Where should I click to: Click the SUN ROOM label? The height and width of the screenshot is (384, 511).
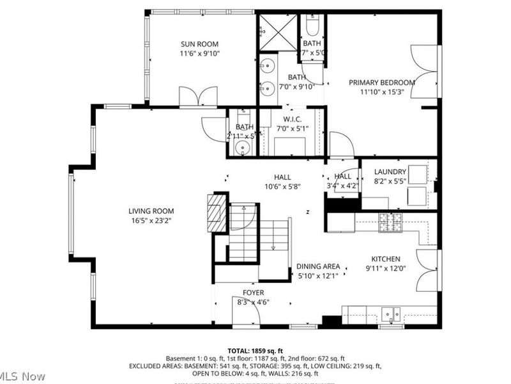pyautogui.click(x=199, y=44)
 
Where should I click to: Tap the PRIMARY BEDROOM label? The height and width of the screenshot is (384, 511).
pyautogui.click(x=381, y=83)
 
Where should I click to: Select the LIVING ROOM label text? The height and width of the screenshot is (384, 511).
pyautogui.click(x=151, y=211)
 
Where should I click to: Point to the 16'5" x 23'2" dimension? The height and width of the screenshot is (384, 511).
pyautogui.click(x=151, y=221)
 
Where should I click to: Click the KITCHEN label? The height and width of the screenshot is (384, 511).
pyautogui.click(x=386, y=259)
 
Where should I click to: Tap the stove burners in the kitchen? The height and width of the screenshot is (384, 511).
pyautogui.click(x=390, y=222)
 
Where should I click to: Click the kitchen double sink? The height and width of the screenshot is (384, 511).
pyautogui.click(x=390, y=314)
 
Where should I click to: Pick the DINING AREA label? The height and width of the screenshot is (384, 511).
pyautogui.click(x=318, y=266)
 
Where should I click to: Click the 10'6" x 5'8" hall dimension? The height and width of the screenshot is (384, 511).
pyautogui.click(x=282, y=187)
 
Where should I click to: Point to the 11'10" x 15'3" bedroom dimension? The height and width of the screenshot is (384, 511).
pyautogui.click(x=381, y=92)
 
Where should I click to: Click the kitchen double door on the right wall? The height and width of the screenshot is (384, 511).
pyautogui.click(x=428, y=269)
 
